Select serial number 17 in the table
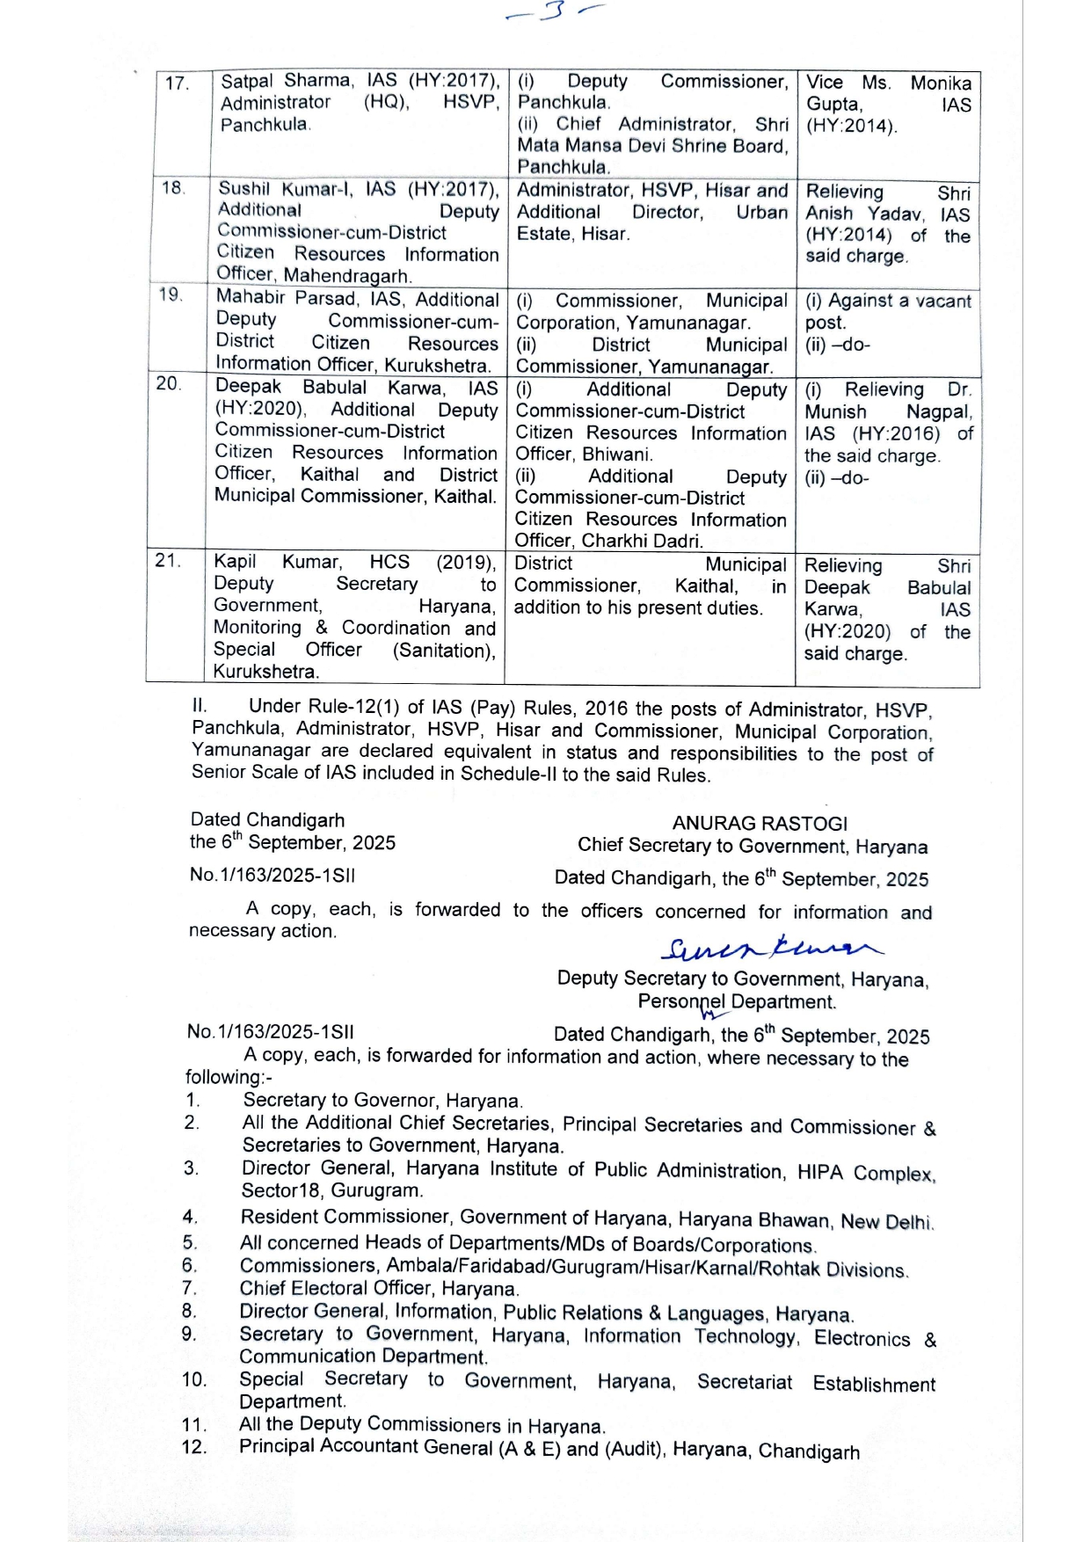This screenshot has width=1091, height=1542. tap(177, 84)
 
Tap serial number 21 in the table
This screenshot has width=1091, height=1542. tap(167, 561)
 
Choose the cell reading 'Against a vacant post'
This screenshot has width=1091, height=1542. tap(887, 311)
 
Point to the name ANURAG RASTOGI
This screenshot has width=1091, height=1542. tap(760, 824)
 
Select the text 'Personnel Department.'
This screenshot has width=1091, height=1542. tap(737, 1002)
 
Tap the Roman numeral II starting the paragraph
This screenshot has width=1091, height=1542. tap(200, 705)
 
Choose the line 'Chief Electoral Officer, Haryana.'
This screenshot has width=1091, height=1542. tap(379, 1289)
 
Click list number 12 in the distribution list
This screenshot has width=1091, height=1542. tap(194, 1448)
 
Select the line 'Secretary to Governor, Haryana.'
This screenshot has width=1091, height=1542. tap(383, 1101)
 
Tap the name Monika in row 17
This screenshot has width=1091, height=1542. tap(941, 84)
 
